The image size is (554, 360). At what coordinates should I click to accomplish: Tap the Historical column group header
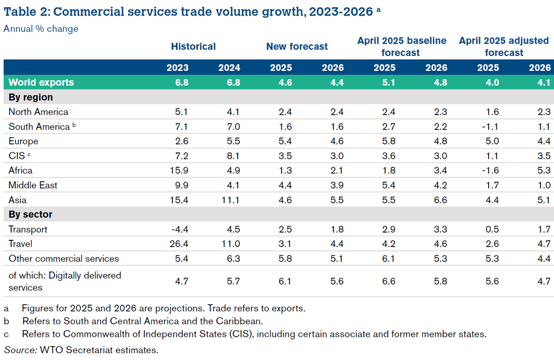tap(193, 47)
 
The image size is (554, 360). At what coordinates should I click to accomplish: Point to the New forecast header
tap(297, 47)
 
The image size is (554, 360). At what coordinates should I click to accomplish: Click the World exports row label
tap(41, 83)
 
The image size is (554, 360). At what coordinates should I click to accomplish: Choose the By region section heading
tap(31, 97)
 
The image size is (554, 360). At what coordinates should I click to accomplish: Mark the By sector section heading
tap(30, 214)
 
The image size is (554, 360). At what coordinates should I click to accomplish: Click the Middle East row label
tap(33, 185)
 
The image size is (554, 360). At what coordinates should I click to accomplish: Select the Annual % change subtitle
tap(41, 29)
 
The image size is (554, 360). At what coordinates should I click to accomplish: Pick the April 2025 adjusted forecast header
tap(504, 47)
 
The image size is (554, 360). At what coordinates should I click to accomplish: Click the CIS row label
tap(17, 156)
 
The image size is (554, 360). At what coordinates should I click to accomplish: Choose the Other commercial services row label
tap(64, 259)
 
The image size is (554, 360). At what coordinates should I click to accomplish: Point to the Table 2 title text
tap(188, 11)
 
